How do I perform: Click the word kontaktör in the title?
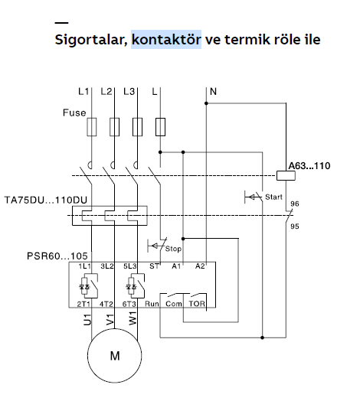(166, 40)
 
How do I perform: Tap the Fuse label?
(74, 112)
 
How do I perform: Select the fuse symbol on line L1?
(92, 127)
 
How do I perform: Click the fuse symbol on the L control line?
(160, 127)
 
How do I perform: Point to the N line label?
(213, 92)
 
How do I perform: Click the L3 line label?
(129, 92)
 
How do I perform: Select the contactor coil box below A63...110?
(286, 175)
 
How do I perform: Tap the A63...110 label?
(309, 166)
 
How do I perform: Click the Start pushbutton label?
(274, 197)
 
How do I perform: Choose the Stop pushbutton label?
(173, 249)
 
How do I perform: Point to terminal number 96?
(295, 204)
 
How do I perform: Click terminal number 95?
(295, 227)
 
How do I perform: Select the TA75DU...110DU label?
(46, 200)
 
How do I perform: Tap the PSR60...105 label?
(57, 256)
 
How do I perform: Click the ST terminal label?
(155, 266)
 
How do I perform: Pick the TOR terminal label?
(197, 304)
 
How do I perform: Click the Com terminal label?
(174, 304)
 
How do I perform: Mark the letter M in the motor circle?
(115, 356)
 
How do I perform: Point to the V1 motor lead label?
(110, 319)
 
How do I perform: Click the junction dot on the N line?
(207, 103)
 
